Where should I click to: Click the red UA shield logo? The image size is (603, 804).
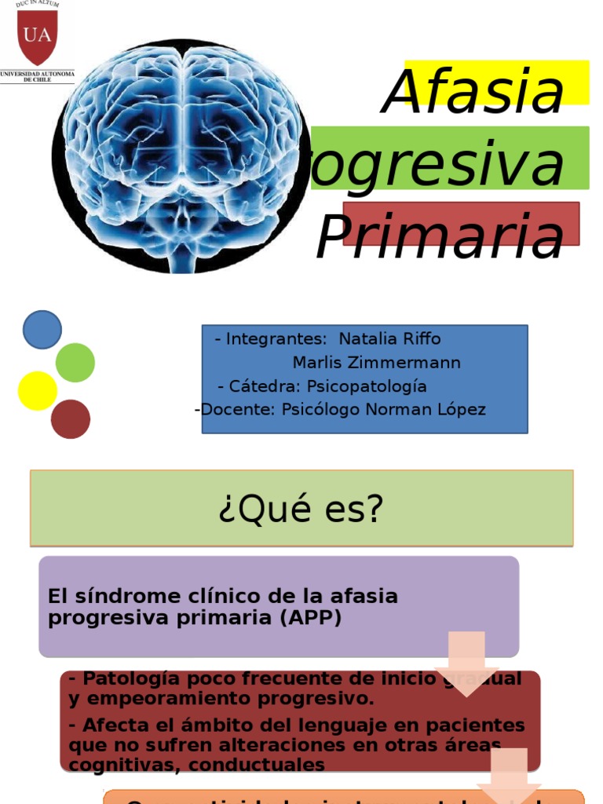[37, 37]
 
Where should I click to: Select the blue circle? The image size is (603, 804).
[42, 330]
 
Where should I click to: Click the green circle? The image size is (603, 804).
[75, 363]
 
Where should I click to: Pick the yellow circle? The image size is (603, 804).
[38, 391]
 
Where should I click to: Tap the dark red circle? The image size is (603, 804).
[71, 418]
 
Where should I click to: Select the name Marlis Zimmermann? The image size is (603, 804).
[377, 363]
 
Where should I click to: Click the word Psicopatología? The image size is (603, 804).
[367, 386]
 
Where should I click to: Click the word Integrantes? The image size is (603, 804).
[276, 339]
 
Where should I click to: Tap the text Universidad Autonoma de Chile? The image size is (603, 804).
[37, 76]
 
